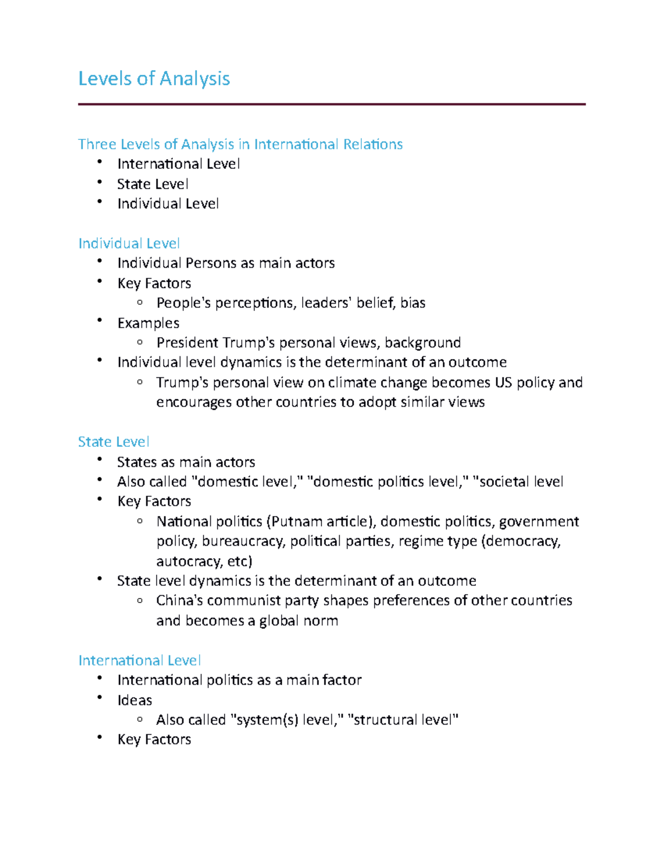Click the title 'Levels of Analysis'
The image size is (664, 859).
[154, 79]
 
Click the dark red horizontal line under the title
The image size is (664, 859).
[331, 104]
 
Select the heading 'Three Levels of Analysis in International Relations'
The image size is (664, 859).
[240, 144]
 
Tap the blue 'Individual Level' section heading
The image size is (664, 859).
[129, 243]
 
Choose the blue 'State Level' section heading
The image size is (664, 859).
[113, 442]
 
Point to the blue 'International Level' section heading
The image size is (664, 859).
[139, 660]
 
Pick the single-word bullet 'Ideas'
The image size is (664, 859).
[134, 700]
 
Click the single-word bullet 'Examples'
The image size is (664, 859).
[148, 323]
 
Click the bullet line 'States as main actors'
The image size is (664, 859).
[186, 462]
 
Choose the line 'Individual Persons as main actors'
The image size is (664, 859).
[226, 263]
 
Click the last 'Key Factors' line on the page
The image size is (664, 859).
[154, 740]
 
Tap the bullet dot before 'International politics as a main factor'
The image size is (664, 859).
[100, 678]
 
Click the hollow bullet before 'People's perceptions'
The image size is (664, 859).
[140, 302]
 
